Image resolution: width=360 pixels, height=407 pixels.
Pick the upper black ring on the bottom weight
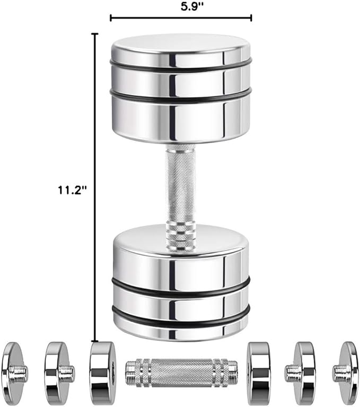point(180,289)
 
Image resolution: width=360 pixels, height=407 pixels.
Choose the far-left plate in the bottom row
point(13,374)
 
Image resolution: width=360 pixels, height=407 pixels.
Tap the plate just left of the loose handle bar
point(102,374)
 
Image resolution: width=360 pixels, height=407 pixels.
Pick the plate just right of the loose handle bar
point(259,374)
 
